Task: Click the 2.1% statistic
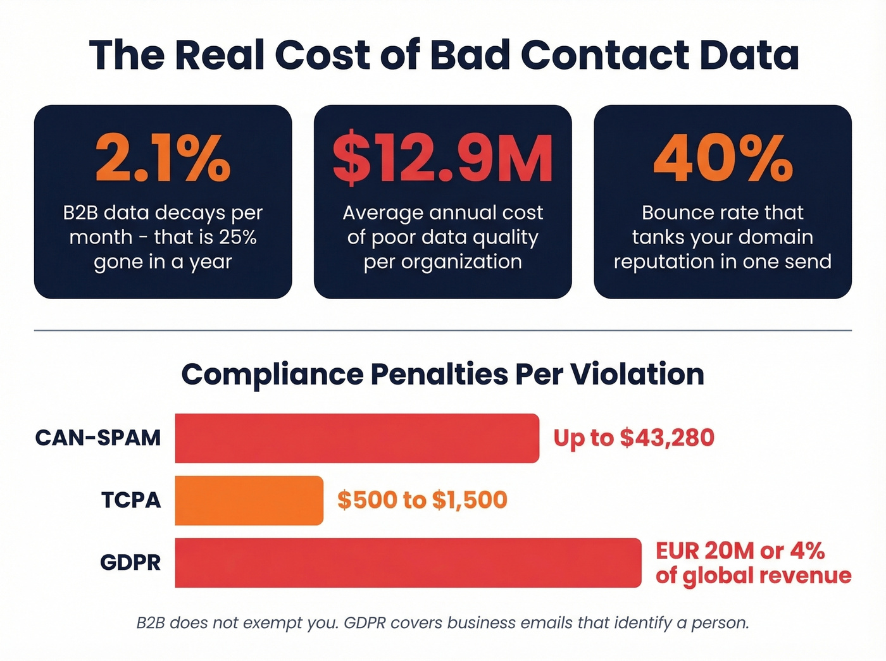pyautogui.click(x=163, y=158)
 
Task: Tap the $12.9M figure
pyautogui.click(x=442, y=158)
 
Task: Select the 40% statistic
pyautogui.click(x=723, y=158)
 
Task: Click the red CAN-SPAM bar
pyautogui.click(x=357, y=438)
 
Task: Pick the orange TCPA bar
pyautogui.click(x=249, y=500)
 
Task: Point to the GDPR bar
pyautogui.click(x=408, y=562)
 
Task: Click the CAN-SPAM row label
pyautogui.click(x=98, y=438)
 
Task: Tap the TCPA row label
pyautogui.click(x=131, y=500)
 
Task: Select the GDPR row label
pyautogui.click(x=130, y=562)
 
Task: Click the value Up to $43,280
pyautogui.click(x=633, y=438)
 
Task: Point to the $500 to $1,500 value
pyautogui.click(x=422, y=500)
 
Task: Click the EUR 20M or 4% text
pyautogui.click(x=740, y=551)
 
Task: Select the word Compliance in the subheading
pyautogui.click(x=272, y=374)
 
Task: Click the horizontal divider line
pyautogui.click(x=442, y=330)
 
